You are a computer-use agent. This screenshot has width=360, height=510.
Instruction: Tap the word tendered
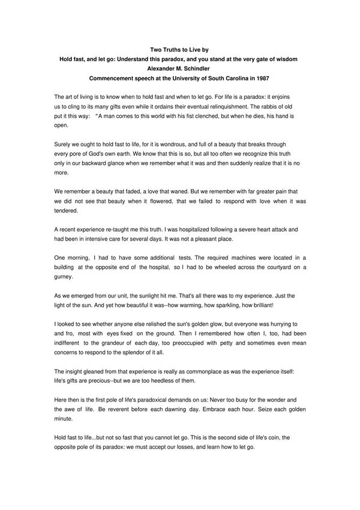(x=66, y=211)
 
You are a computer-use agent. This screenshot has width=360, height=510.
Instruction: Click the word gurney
(x=64, y=277)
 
